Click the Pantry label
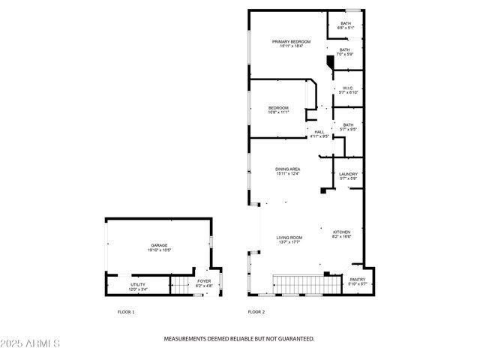click(357, 282)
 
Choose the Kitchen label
click(341, 234)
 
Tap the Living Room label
click(289, 239)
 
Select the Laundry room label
click(348, 176)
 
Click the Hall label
click(319, 134)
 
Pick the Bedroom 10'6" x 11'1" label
click(278, 110)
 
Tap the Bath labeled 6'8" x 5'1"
click(346, 25)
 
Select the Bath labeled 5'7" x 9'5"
click(348, 127)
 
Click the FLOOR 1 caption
click(126, 312)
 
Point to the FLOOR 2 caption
click(256, 312)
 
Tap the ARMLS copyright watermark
click(31, 343)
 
